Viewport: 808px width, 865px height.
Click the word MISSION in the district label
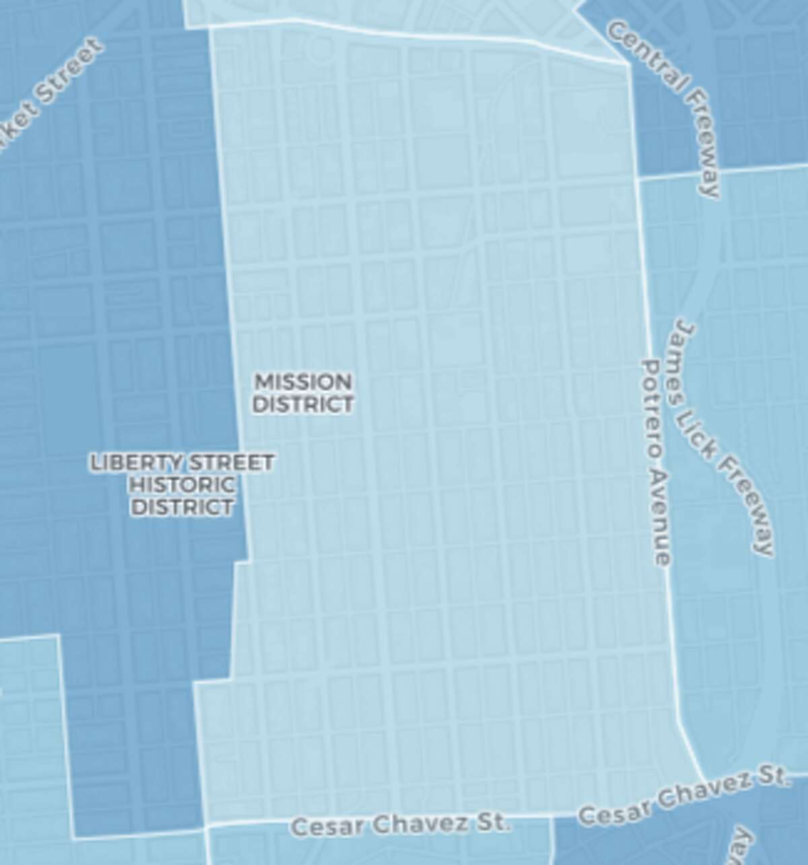tap(302, 382)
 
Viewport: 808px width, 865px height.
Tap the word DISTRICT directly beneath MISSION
tap(302, 404)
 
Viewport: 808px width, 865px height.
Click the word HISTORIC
tap(182, 485)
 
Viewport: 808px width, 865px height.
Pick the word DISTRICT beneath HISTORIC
tap(182, 506)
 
